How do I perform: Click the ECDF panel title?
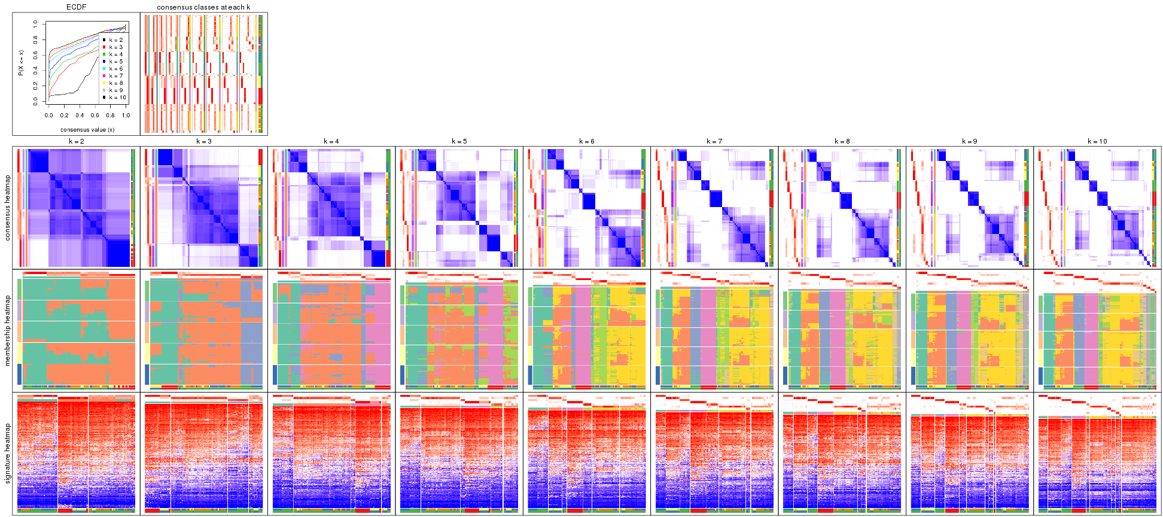pyautogui.click(x=76, y=7)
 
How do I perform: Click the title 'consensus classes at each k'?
pyautogui.click(x=203, y=7)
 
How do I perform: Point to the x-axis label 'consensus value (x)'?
pyautogui.click(x=87, y=129)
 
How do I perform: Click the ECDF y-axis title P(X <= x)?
pyautogui.click(x=20, y=62)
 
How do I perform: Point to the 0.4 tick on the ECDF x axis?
pyautogui.click(x=80, y=115)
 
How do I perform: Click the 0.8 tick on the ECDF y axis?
pyautogui.click(x=35, y=39)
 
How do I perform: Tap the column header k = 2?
pyautogui.click(x=76, y=142)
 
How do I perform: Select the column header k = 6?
pyautogui.click(x=587, y=142)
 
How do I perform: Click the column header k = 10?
pyautogui.click(x=1097, y=142)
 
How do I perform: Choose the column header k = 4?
pyautogui.click(x=331, y=142)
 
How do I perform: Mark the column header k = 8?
pyautogui.click(x=842, y=142)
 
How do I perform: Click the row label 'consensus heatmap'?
pyautogui.click(x=8, y=208)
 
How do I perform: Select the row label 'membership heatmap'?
pyautogui.click(x=8, y=330)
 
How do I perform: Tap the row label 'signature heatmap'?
pyautogui.click(x=8, y=454)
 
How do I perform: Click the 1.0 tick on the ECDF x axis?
pyautogui.click(x=126, y=115)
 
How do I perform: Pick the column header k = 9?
pyautogui.click(x=970, y=142)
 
